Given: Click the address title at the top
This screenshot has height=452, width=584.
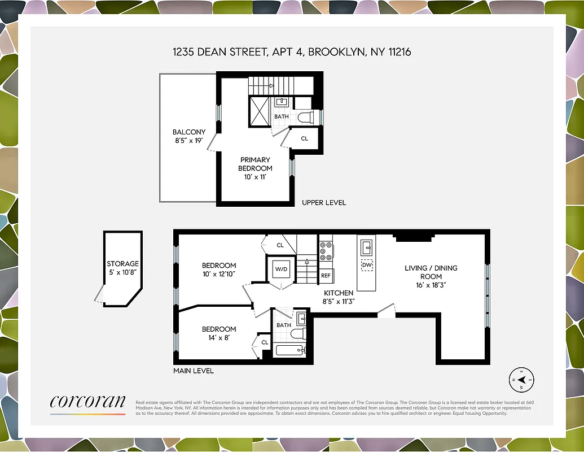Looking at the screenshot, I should click(x=292, y=52).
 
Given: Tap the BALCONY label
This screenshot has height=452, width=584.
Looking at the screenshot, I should click(x=189, y=132).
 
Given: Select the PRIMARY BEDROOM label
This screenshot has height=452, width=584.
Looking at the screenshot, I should click(x=256, y=164).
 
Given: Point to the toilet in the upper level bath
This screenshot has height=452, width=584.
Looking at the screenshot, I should click(x=305, y=117).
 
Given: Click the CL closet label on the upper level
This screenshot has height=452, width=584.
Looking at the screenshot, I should click(x=304, y=138).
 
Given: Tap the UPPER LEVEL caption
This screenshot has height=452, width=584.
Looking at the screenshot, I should click(x=324, y=202).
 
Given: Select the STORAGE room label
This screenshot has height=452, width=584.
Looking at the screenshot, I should click(x=122, y=264).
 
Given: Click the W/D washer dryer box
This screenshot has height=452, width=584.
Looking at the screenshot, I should click(x=281, y=269).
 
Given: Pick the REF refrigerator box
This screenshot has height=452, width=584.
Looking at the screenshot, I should click(x=326, y=276).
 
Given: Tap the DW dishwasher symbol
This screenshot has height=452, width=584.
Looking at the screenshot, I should click(x=367, y=264).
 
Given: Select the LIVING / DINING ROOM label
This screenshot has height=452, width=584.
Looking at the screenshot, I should click(x=431, y=272).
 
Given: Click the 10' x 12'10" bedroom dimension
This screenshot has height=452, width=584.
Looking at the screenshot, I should click(x=219, y=273).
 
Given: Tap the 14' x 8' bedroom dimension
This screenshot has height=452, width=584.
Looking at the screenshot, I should click(x=218, y=337).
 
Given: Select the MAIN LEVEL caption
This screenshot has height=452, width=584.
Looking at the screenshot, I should click(x=194, y=371).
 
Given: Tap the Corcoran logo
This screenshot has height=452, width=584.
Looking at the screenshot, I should click(x=87, y=402).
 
